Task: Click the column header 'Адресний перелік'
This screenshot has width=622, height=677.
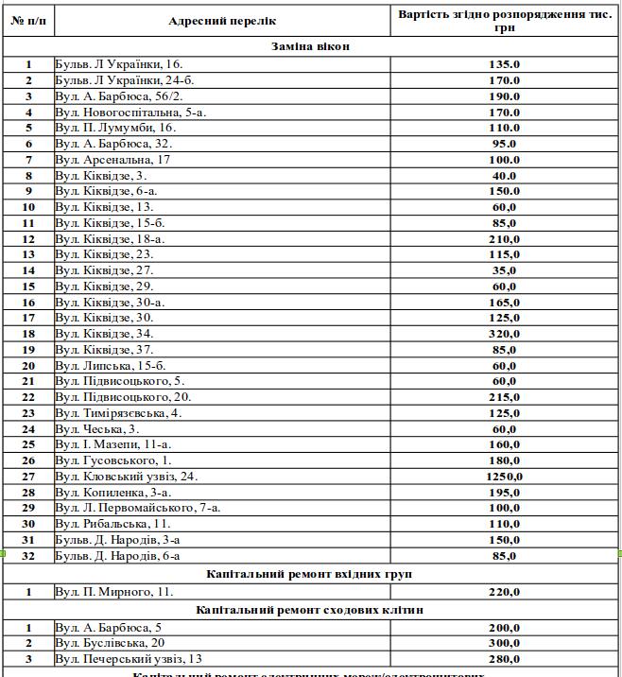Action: pyautogui.click(x=222, y=21)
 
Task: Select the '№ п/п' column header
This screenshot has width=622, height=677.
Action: pyautogui.click(x=28, y=21)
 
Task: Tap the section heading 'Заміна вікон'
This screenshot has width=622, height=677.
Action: pyautogui.click(x=311, y=45)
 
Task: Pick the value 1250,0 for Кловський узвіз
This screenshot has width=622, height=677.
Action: pyautogui.click(x=504, y=476)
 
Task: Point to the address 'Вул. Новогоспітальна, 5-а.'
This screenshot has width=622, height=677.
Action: pyautogui.click(x=130, y=112)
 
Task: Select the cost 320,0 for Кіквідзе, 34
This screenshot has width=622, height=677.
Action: pyautogui.click(x=504, y=334)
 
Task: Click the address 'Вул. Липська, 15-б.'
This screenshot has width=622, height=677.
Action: pyautogui.click(x=111, y=365)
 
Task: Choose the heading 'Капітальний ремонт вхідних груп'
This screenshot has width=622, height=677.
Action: pyautogui.click(x=310, y=574)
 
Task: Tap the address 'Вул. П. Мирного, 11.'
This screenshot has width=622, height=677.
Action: pyautogui.click(x=114, y=592)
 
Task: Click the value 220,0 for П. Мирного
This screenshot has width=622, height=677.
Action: pyautogui.click(x=504, y=592)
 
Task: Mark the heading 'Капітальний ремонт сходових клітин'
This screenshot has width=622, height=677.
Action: pyautogui.click(x=310, y=610)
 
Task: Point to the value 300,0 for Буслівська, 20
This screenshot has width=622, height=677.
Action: pyautogui.click(x=504, y=643)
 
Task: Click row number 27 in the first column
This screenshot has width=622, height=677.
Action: pyautogui.click(x=28, y=476)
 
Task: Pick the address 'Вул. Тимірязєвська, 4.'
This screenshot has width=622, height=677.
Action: pyautogui.click(x=118, y=412)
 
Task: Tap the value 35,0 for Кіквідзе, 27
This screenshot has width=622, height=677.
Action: pyautogui.click(x=504, y=270)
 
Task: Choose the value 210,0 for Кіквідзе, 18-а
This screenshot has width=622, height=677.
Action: pyautogui.click(x=504, y=239)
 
